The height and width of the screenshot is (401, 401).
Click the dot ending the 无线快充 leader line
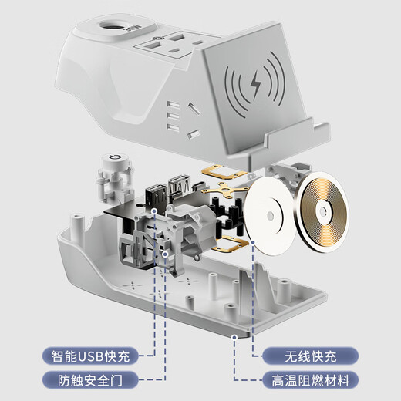[x=254, y=241]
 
